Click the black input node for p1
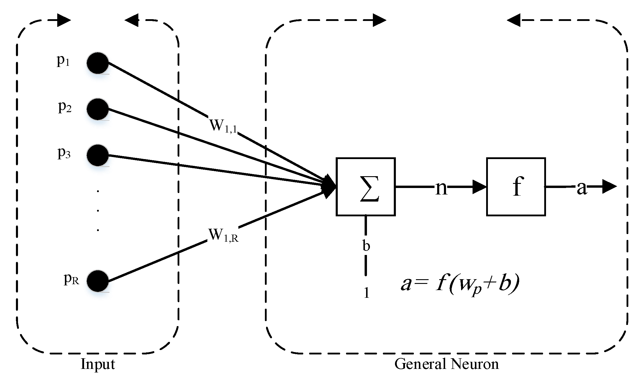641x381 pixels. (98, 63)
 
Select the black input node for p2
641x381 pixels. (98, 109)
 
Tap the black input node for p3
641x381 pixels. (98, 155)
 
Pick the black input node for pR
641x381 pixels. (98, 281)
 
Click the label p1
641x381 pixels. (63, 61)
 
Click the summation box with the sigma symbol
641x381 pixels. (365, 187)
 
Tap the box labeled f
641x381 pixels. (516, 187)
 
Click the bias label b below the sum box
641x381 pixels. (366, 245)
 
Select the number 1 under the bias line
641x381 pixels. (366, 293)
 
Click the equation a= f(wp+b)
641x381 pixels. (460, 284)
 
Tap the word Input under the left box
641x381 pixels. (98, 364)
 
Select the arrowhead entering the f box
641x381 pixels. (479, 187)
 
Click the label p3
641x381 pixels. (64, 153)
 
